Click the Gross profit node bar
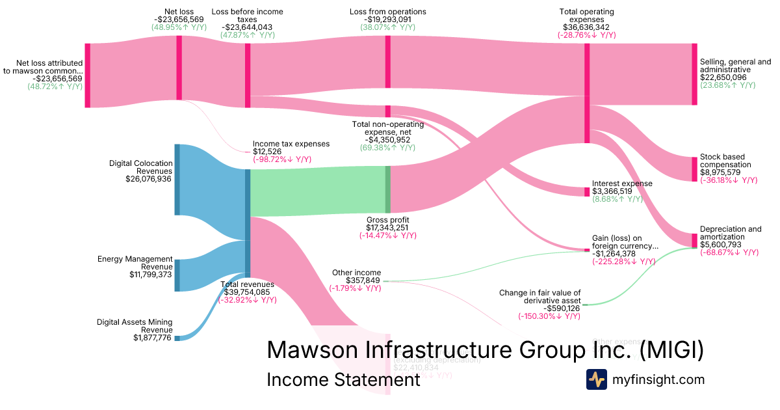[388, 189]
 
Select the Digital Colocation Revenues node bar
[177, 180]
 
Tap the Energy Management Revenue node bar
[177, 275]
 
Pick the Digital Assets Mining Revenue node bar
[177, 338]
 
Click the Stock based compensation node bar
[694, 169]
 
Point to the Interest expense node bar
[587, 191]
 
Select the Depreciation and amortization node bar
[694, 240]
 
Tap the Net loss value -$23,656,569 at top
[179, 20]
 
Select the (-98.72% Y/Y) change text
[282, 159]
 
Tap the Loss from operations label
[388, 12]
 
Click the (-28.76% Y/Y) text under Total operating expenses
[586, 36]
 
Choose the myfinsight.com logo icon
[596, 379]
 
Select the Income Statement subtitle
[343, 380]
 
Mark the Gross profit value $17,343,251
[388, 228]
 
